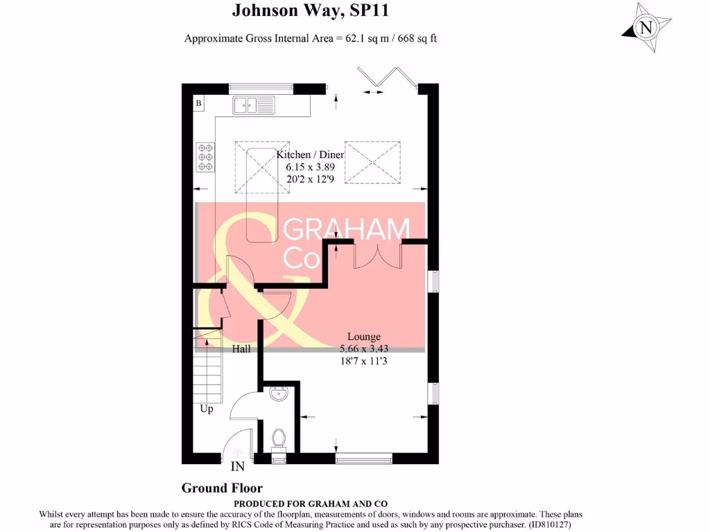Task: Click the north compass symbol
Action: (646, 28)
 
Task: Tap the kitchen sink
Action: (254, 105)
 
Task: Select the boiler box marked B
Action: (199, 104)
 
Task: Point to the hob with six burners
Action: (205, 157)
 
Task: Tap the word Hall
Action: (241, 349)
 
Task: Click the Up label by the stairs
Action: (207, 409)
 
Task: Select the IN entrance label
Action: (238, 467)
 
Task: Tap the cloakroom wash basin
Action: (280, 394)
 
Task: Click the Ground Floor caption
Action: (222, 488)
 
